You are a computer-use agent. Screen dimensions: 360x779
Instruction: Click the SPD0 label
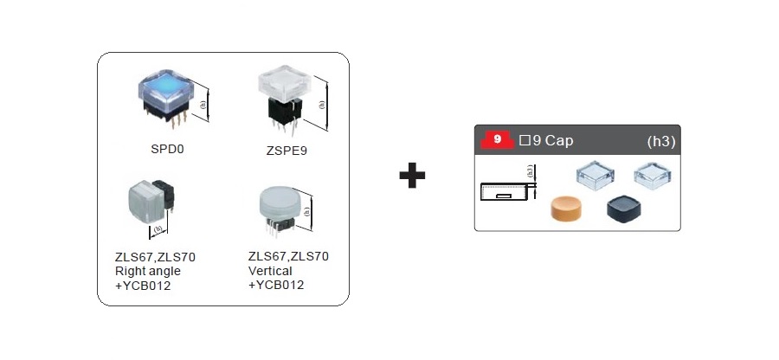pos(167,148)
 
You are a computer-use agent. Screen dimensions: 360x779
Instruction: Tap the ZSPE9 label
pos(286,151)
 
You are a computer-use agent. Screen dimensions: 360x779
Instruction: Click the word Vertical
pos(270,271)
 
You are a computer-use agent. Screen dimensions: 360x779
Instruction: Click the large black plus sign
pos(413,176)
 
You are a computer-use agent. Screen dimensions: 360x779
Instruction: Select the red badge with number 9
pos(497,139)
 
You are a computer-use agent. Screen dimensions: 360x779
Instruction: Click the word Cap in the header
pos(559,139)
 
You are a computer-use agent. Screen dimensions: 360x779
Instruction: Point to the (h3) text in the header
pos(660,140)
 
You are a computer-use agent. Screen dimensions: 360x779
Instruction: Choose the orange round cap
pos(570,208)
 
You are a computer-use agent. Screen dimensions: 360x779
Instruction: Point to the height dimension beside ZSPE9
pos(323,103)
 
